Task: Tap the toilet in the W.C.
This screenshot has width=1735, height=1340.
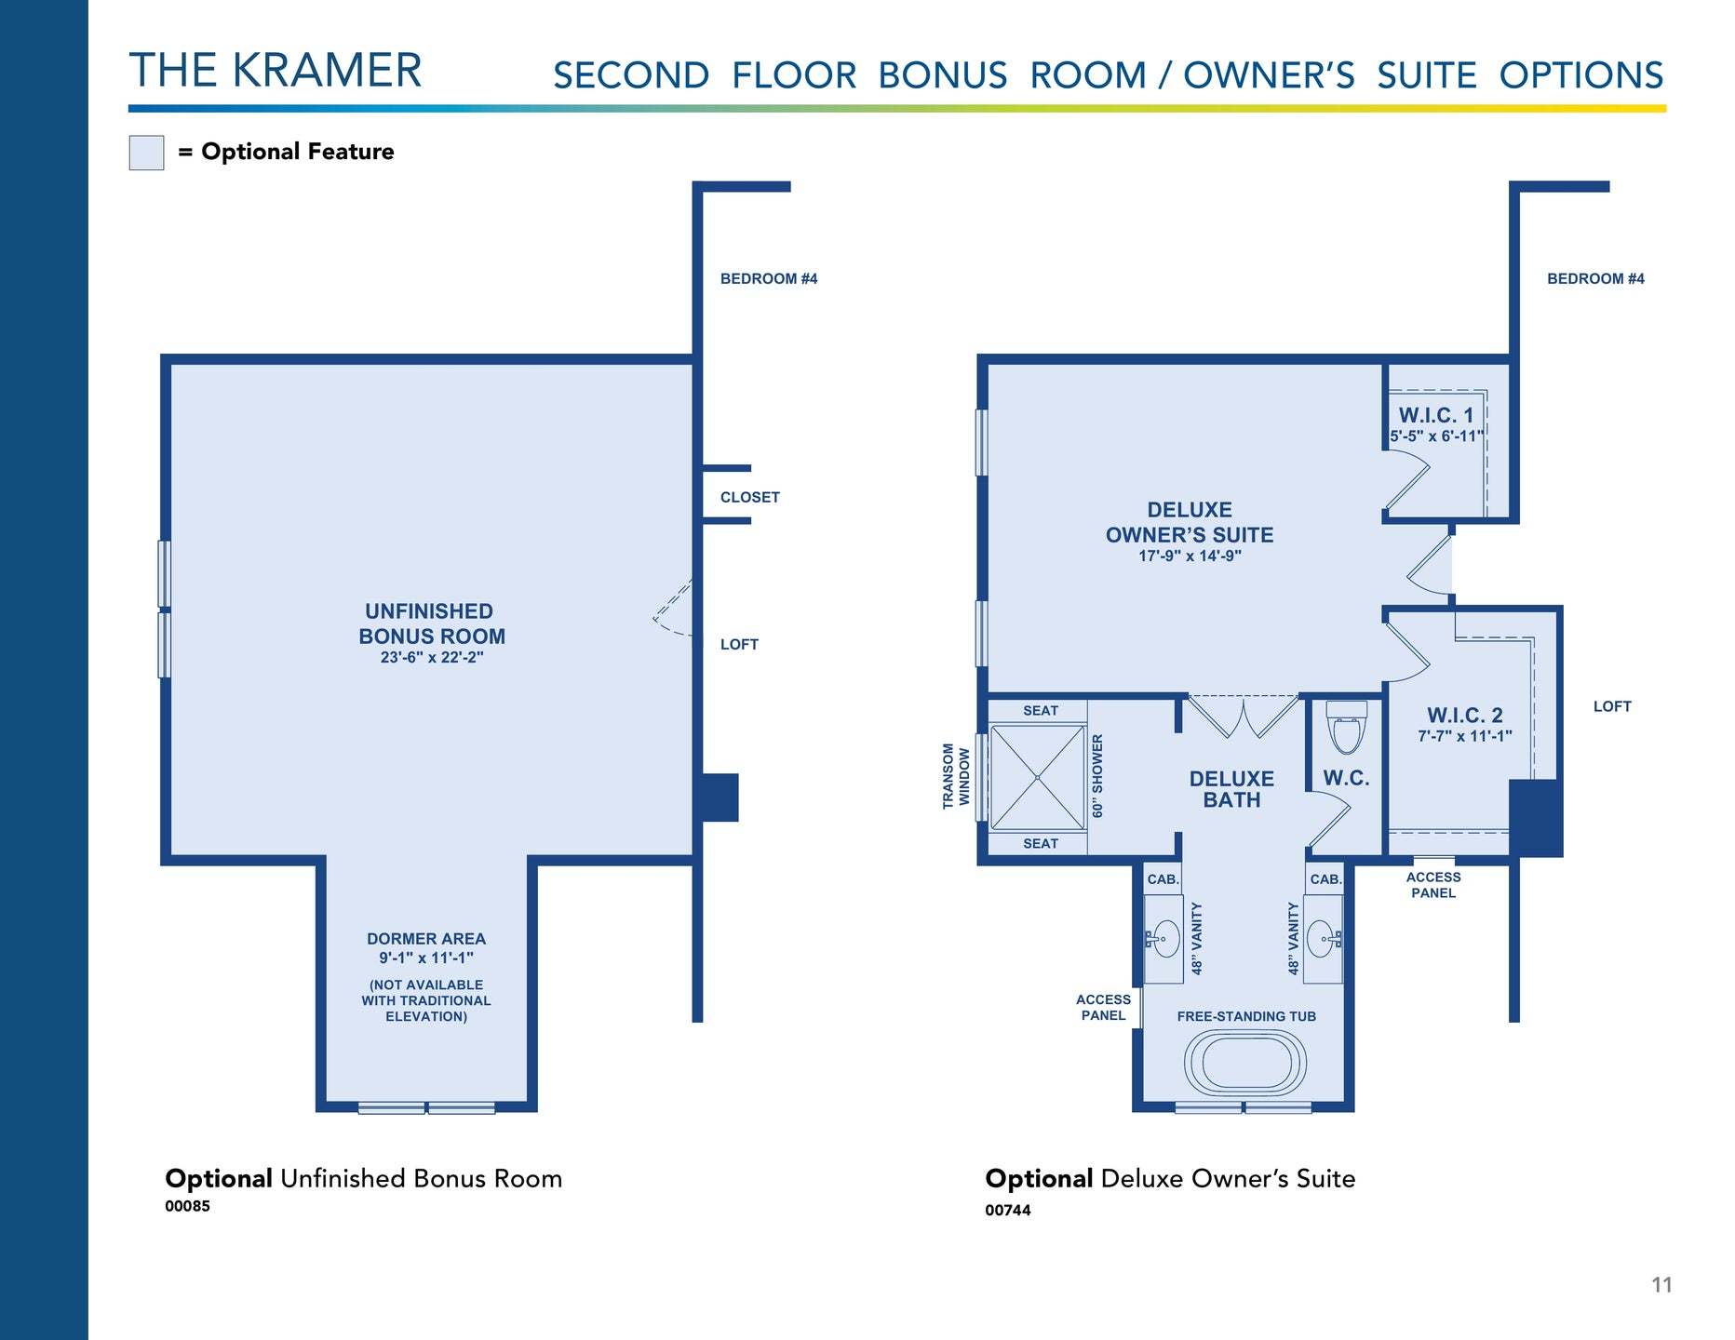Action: (x=1346, y=727)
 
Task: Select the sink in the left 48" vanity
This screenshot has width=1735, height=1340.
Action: (x=1162, y=938)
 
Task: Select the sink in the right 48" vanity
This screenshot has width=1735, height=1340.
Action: (x=1324, y=938)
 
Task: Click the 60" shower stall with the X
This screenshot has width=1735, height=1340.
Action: (x=1038, y=777)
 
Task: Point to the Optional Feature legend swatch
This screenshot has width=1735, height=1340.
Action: (x=146, y=153)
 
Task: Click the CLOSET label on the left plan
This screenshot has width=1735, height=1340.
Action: (x=749, y=497)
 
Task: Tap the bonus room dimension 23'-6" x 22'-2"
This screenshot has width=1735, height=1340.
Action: (x=432, y=657)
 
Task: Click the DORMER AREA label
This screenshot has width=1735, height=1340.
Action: (x=426, y=939)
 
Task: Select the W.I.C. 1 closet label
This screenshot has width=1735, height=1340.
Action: (x=1436, y=415)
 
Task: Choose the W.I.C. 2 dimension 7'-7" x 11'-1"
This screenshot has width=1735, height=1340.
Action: (x=1465, y=736)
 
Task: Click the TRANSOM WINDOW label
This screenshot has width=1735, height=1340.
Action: (x=956, y=776)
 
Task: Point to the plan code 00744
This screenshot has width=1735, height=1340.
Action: (x=1008, y=1210)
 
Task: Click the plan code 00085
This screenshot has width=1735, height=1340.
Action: (x=187, y=1206)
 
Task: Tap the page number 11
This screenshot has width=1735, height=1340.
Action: (x=1661, y=1285)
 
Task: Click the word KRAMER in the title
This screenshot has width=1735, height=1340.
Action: (x=327, y=71)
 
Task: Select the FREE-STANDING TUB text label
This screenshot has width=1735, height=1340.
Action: (x=1246, y=1016)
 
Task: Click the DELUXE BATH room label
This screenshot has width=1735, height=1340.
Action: (x=1231, y=789)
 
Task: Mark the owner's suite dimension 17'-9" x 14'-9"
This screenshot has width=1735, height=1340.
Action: (x=1190, y=556)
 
